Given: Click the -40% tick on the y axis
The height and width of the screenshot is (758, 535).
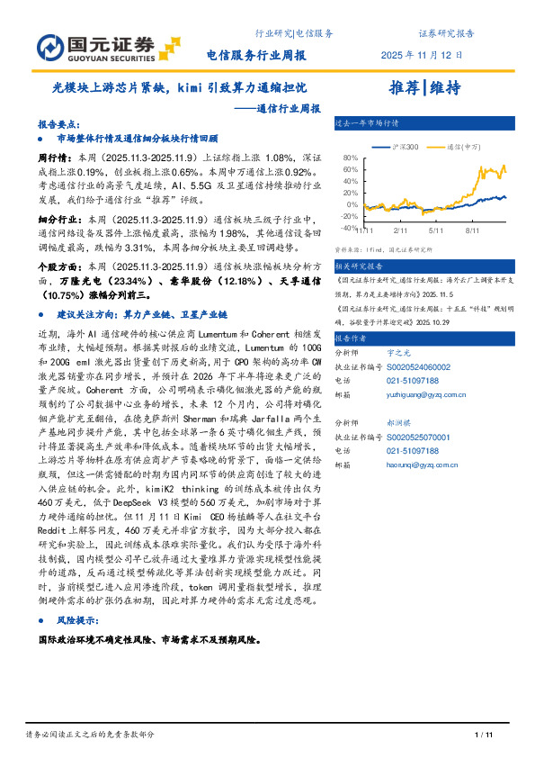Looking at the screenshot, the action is tap(349, 228).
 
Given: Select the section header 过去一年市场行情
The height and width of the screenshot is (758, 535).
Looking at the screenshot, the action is tap(367, 122).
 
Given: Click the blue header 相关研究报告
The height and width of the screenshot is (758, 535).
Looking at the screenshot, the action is tap(359, 266).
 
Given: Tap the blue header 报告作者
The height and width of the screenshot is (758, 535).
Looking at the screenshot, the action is tap(351, 338).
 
